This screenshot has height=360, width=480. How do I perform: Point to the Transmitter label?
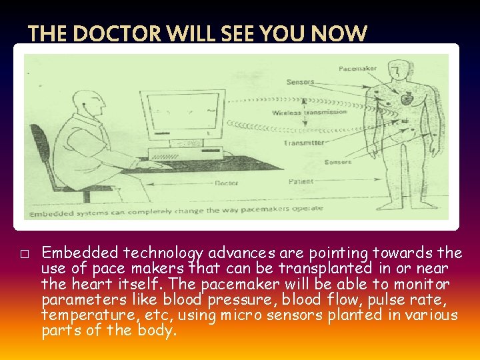[303, 143]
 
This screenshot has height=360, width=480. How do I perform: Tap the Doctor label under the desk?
[226, 183]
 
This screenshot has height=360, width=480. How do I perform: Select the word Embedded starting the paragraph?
[75, 253]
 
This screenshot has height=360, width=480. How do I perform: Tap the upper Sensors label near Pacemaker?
[300, 82]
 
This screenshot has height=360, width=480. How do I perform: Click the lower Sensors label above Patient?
[337, 162]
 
